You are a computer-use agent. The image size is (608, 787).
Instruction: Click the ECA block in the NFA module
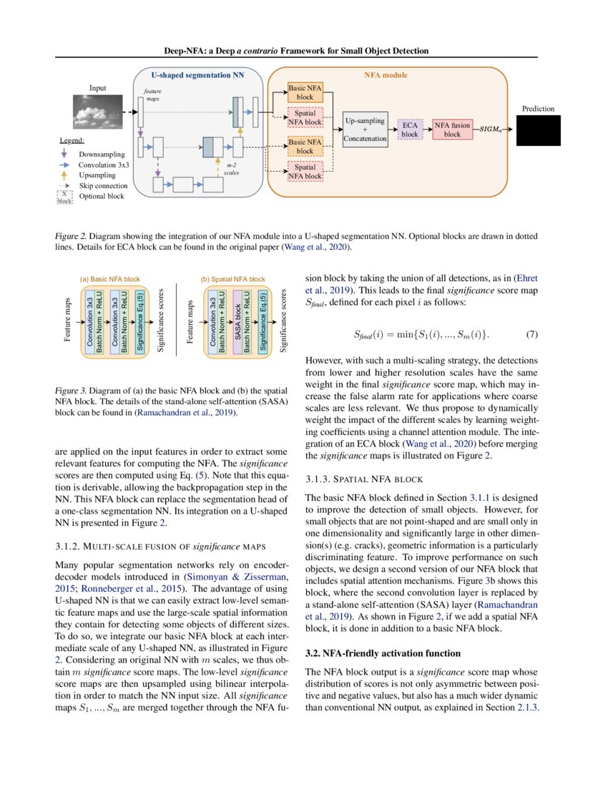click(x=410, y=129)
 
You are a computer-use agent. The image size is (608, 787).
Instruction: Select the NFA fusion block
click(x=453, y=129)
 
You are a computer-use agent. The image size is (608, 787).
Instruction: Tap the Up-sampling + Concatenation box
click(x=365, y=129)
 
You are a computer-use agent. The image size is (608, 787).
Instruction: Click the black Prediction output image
click(x=538, y=129)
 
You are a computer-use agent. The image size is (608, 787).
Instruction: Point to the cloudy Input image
click(x=97, y=112)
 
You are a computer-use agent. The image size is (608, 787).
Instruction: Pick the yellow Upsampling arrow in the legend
click(x=65, y=175)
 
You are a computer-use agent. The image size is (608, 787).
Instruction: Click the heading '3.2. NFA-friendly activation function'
click(x=382, y=653)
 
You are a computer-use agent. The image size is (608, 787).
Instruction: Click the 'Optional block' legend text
click(x=101, y=196)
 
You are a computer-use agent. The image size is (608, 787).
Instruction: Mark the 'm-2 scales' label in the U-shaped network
click(x=231, y=169)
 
